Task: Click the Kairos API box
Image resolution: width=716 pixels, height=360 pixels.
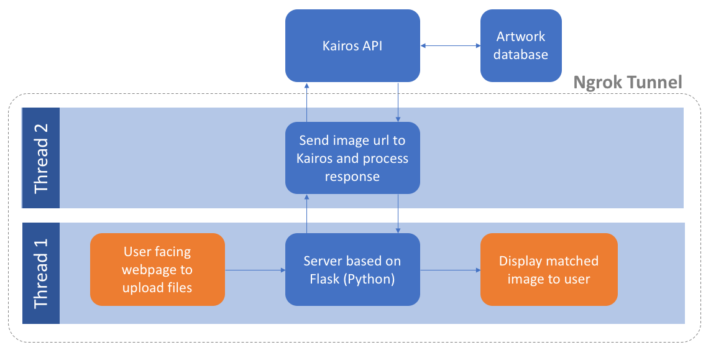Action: [x=352, y=45]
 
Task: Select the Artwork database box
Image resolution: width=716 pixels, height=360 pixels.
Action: [x=521, y=45]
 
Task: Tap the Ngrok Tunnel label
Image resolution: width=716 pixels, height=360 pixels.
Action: [x=627, y=82]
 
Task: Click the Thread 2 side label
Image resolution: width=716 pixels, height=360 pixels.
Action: [x=41, y=158]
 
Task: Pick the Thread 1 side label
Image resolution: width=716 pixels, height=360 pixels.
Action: [x=41, y=274]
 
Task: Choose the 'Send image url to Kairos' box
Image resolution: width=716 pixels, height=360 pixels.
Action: [x=352, y=158]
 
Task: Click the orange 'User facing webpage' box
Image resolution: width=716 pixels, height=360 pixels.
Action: [x=157, y=270]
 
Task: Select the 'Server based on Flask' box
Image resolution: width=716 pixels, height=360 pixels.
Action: [x=352, y=270]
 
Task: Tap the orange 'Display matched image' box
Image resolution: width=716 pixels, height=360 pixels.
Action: [x=549, y=270]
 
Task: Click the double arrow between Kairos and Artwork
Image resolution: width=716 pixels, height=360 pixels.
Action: [x=451, y=45]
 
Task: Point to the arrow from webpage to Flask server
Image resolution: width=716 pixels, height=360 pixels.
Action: [x=254, y=270]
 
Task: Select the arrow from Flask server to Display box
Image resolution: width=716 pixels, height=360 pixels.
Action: [x=451, y=270]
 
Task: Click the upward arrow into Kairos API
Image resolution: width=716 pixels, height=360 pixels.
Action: [x=306, y=102]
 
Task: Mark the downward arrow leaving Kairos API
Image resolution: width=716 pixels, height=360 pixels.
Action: [x=398, y=102]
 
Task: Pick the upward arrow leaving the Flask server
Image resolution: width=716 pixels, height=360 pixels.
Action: [x=306, y=214]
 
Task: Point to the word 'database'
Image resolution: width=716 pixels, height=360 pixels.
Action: [x=521, y=55]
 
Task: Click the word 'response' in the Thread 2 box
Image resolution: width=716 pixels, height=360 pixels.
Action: [x=352, y=177]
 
